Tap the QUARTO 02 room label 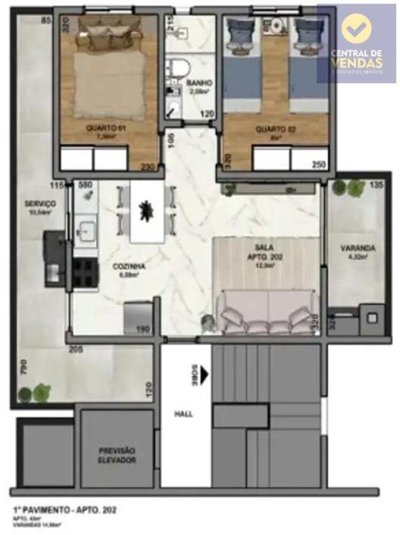(x=272, y=129)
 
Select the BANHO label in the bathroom (x=199, y=83)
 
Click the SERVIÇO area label (x=40, y=204)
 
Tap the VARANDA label (x=357, y=248)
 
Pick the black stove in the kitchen (x=84, y=273)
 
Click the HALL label (x=183, y=414)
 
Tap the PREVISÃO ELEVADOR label (x=117, y=455)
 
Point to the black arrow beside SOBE (x=204, y=376)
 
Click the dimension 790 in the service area (x=24, y=369)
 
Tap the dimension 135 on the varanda (x=376, y=186)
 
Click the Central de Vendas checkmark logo (x=356, y=28)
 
